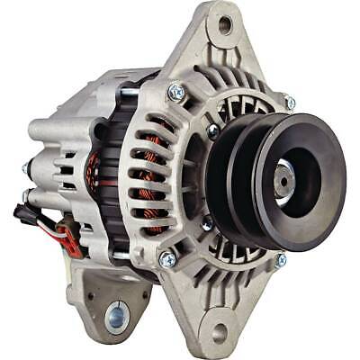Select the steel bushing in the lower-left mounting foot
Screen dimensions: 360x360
tap(116, 316)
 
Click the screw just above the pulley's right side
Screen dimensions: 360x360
tap(290, 103)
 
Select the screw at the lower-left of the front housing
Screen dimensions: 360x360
tap(167, 259)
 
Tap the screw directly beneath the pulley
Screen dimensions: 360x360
tap(281, 260)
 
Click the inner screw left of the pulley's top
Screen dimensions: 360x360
tap(212, 132)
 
